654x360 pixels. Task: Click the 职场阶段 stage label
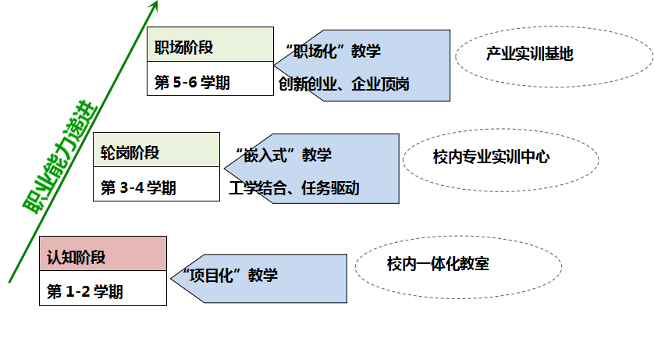(x=184, y=48)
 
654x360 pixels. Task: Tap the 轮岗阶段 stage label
(x=130, y=153)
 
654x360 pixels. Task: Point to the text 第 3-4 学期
(x=138, y=188)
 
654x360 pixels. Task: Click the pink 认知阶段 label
(x=76, y=258)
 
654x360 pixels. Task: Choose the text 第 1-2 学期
(x=85, y=293)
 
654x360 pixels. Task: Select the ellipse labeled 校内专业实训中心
(x=492, y=158)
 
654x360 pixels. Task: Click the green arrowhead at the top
(x=155, y=6)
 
